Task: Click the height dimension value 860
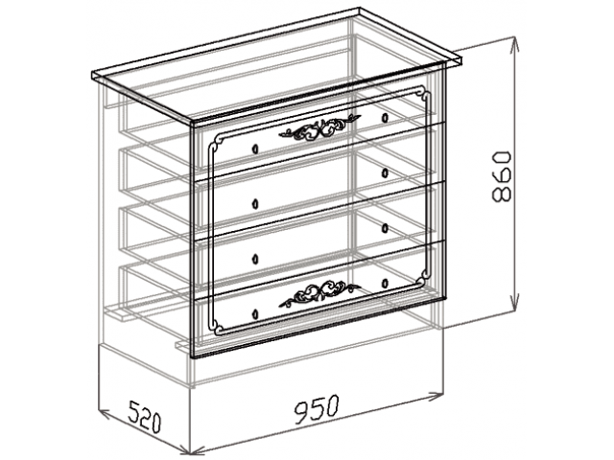tap(502, 175)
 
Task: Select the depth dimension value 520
tap(145, 416)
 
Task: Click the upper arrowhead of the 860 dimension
tap(514, 43)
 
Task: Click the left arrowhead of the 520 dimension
tap(105, 413)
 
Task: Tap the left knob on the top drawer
tap(255, 149)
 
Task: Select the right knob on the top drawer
tap(385, 117)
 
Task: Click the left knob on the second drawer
tap(255, 204)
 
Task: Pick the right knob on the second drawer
tap(385, 172)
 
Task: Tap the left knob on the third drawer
tap(255, 259)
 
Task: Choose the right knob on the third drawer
tap(385, 227)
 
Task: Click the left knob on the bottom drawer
tap(255, 313)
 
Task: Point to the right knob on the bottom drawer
tap(385, 282)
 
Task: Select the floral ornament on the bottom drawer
tap(319, 293)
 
